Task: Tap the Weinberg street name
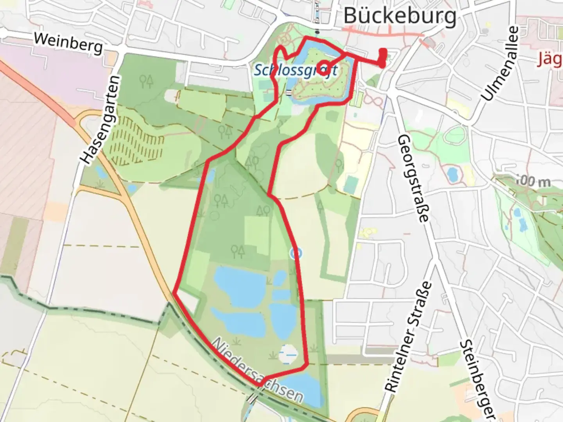[x=68, y=43]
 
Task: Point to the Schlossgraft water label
[x=296, y=71]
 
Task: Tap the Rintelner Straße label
[x=408, y=336]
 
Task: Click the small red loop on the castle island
[x=324, y=67]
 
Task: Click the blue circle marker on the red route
[x=296, y=253]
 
